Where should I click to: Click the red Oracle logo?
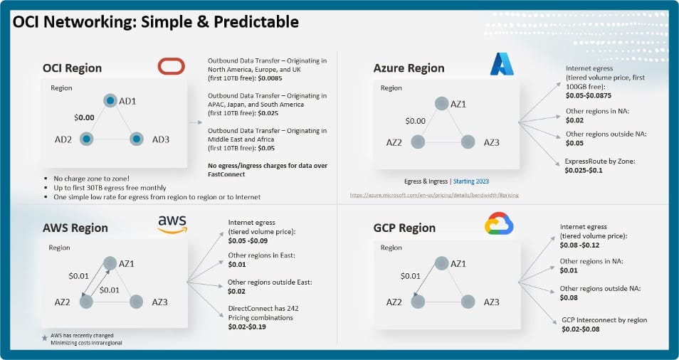[171, 67]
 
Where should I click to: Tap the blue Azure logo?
[502, 65]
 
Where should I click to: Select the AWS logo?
[172, 224]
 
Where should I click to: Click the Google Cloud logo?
[500, 225]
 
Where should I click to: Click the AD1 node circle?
[110, 101]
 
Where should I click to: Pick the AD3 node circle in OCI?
[137, 139]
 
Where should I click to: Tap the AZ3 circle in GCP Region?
[468, 302]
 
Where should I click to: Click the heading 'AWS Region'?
[75, 228]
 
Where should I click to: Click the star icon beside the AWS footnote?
[45, 334]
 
